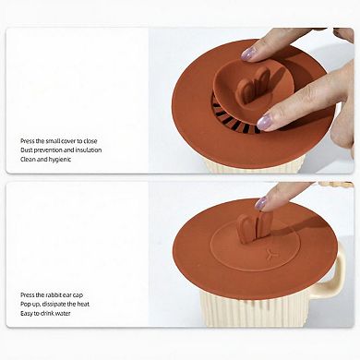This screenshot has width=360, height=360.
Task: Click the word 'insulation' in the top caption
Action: (x=87, y=150)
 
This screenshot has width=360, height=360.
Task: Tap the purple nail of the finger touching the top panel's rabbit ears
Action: (x=248, y=54)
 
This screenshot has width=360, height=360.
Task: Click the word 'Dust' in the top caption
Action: (x=27, y=150)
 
